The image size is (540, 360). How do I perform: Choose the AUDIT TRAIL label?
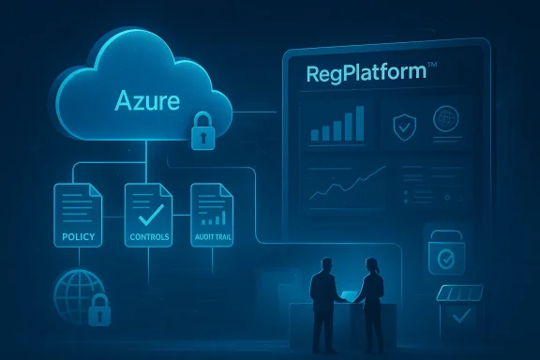point(212,237)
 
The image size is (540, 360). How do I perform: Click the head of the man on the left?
point(320,266)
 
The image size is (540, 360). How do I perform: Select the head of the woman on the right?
point(372,266)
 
